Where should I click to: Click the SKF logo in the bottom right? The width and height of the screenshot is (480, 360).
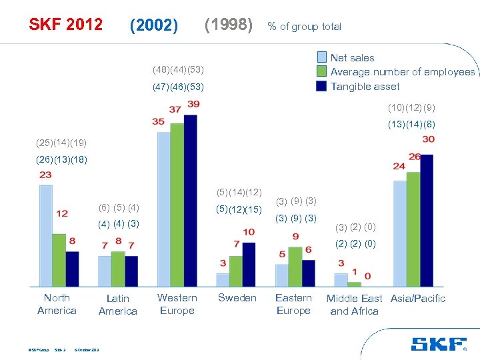pos(439,344)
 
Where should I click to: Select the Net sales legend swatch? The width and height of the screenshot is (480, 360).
pos(322,57)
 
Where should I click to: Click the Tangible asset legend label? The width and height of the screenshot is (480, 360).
pos(365,86)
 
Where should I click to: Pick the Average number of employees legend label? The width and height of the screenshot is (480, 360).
pos(403,72)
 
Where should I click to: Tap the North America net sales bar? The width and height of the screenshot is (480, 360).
pos(45,235)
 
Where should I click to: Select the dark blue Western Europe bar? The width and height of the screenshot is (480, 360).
pos(191,200)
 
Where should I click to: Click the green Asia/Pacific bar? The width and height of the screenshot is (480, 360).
pos(413,229)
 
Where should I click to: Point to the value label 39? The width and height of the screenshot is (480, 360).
pos(193,105)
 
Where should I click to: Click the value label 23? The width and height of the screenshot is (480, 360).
pos(45,175)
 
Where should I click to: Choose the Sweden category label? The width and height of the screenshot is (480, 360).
pos(237,298)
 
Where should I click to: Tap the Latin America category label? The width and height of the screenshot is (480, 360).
pos(117,305)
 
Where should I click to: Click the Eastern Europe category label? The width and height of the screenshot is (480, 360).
pos(293,304)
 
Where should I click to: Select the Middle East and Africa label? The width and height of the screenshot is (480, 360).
pos(354,305)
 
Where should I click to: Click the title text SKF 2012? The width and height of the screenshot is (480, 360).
pos(65,25)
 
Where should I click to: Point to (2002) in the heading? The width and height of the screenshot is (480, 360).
pos(154,25)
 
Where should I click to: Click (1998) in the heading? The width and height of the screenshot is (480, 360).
pos(229,25)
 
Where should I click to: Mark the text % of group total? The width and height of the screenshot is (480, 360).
pos(304,27)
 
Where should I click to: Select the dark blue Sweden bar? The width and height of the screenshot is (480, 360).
pos(249,264)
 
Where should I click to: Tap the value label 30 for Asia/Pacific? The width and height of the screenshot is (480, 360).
pos(428,139)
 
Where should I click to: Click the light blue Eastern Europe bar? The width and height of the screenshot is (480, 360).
pos(282,275)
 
